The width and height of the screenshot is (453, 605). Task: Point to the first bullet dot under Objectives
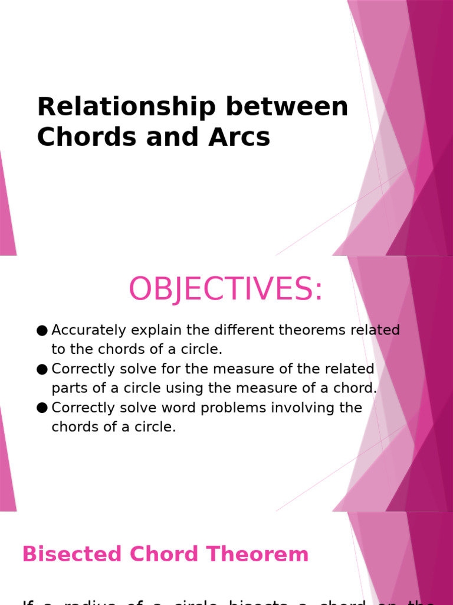point(41,330)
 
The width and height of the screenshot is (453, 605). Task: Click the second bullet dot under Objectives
point(41,369)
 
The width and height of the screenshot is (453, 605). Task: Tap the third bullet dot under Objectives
point(41,408)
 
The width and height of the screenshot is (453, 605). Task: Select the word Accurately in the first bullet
point(88,330)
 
